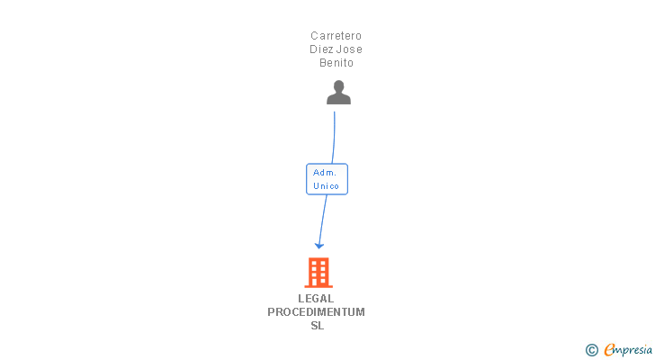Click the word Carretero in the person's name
pyautogui.click(x=336, y=36)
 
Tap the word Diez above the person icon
pyautogui.click(x=322, y=49)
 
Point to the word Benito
pyautogui.click(x=336, y=63)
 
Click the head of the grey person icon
pyautogui.click(x=338, y=86)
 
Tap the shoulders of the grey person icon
pyautogui.click(x=338, y=99)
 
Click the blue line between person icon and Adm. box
pyautogui.click(x=334, y=135)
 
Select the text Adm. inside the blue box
pyautogui.click(x=326, y=172)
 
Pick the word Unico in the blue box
pyautogui.click(x=326, y=186)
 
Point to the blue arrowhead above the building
pyautogui.click(x=319, y=245)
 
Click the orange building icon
pyautogui.click(x=319, y=272)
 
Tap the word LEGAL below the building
pyautogui.click(x=316, y=299)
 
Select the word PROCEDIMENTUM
pyautogui.click(x=316, y=312)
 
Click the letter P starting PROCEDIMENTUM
pyautogui.click(x=271, y=312)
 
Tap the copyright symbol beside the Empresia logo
pyautogui.click(x=591, y=350)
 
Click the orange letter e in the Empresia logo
pyautogui.click(x=609, y=350)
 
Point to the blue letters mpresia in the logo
pyautogui.click(x=633, y=350)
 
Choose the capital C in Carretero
pyautogui.click(x=315, y=36)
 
